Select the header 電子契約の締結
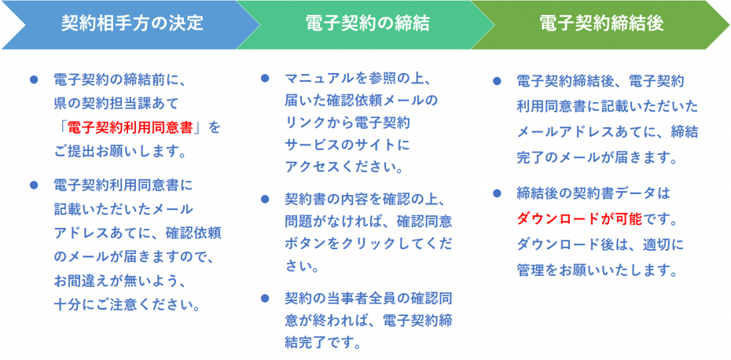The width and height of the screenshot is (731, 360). (x=367, y=24)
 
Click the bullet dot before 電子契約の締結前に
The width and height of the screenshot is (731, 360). (x=34, y=79)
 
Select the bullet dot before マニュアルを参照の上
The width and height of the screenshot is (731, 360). (x=265, y=79)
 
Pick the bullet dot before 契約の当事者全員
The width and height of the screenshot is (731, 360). (x=265, y=297)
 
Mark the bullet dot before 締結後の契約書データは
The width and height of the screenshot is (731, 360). (x=497, y=193)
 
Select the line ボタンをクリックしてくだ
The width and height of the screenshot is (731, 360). (x=368, y=243)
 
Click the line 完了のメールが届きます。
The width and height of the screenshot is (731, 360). (x=597, y=157)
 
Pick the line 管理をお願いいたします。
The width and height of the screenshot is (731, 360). (x=597, y=270)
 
